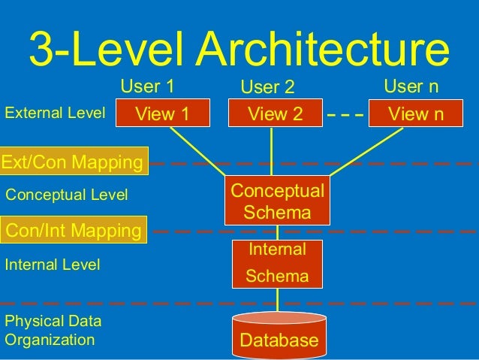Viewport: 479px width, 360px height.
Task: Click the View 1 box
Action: click(161, 114)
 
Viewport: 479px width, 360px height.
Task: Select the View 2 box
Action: click(275, 114)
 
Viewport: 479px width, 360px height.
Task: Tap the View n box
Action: click(417, 114)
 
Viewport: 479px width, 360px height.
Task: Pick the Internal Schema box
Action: click(277, 262)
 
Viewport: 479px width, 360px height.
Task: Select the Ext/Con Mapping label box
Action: click(74, 162)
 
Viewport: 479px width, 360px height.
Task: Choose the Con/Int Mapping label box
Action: click(74, 230)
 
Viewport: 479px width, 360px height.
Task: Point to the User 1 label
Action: click(147, 86)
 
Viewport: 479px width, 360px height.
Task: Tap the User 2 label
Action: click(267, 88)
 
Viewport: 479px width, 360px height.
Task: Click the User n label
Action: click(411, 86)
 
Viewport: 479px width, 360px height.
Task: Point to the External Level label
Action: click(55, 113)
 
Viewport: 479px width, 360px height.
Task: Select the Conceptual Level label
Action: click(67, 195)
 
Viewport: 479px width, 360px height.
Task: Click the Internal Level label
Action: click(53, 265)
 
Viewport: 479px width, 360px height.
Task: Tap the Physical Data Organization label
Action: click(53, 331)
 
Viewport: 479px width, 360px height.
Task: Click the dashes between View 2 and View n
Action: click(345, 116)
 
